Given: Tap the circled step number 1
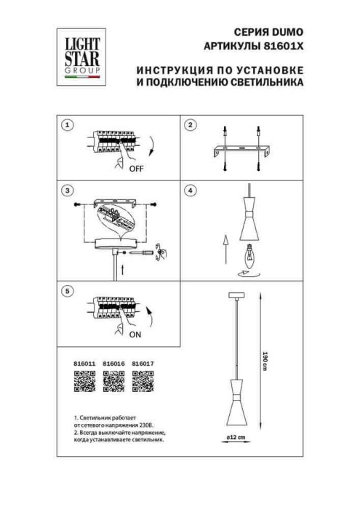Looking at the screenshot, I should point(68,125).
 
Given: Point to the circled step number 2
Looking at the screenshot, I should point(191,125).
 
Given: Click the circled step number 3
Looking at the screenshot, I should point(68,191).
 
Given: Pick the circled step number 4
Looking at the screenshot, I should point(191,191).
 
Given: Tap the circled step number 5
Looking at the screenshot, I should point(68,292).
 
